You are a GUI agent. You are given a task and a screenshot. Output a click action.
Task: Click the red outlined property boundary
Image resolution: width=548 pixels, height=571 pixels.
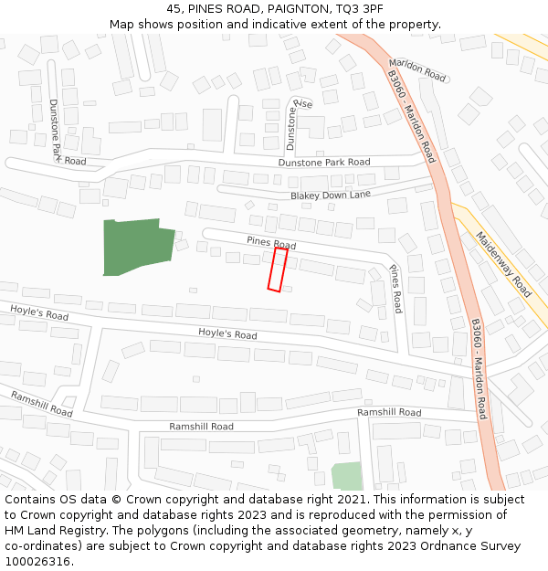click(278, 270)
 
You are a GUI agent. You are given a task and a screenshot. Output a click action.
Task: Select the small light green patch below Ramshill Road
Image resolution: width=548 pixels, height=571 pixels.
click(346, 476)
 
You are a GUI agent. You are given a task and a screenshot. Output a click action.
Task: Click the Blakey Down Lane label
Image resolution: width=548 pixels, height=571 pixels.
click(331, 196)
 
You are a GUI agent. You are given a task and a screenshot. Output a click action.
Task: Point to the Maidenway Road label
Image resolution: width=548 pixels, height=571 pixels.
click(503, 263)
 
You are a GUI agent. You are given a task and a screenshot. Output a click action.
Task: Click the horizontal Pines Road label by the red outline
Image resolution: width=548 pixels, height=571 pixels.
click(271, 243)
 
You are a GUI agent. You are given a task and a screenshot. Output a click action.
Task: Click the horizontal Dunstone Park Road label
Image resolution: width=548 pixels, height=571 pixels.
click(324, 163)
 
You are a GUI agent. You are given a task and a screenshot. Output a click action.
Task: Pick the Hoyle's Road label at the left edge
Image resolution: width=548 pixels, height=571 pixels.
click(39, 313)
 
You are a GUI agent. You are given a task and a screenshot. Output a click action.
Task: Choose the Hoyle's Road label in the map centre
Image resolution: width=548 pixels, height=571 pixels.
click(227, 334)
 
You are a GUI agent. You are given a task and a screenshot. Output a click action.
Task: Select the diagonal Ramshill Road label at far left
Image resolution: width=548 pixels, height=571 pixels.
click(41, 403)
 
